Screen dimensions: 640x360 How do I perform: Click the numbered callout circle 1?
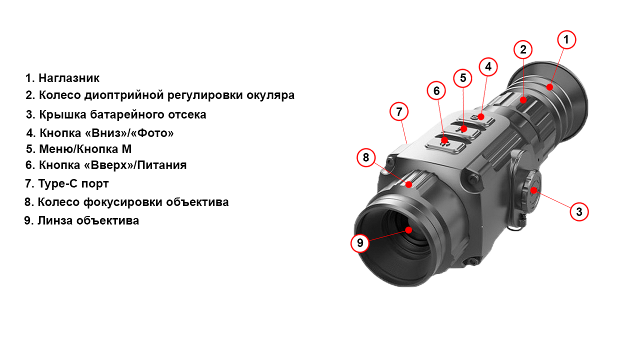coord(566,39)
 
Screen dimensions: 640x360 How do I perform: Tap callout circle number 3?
coord(579,211)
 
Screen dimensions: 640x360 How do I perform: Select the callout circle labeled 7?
coord(399,111)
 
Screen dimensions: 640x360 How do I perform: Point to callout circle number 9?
coord(360,243)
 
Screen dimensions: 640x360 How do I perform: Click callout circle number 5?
coord(463,78)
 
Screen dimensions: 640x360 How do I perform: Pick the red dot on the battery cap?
coord(533,190)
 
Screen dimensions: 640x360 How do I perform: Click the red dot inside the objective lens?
coord(408,229)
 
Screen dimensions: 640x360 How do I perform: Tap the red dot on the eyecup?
coord(549,87)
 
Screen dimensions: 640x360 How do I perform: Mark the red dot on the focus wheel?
coord(409,184)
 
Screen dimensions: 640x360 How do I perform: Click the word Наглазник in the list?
coord(69,78)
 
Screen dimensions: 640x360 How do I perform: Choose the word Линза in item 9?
coord(55,220)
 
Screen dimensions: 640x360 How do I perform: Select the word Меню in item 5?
coord(56,149)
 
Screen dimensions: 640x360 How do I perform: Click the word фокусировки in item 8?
coord(123,202)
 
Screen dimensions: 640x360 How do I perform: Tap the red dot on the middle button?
coord(463,129)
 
